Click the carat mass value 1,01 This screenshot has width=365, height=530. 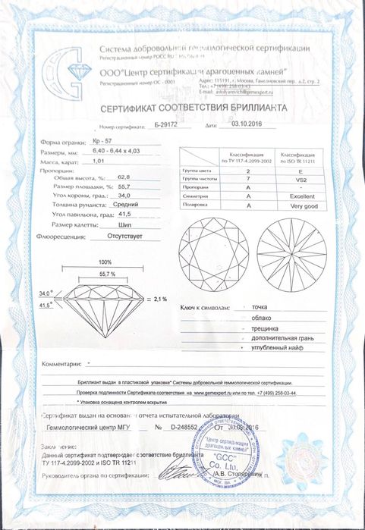(x=97, y=162)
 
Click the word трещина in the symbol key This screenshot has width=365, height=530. (x=253, y=328)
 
